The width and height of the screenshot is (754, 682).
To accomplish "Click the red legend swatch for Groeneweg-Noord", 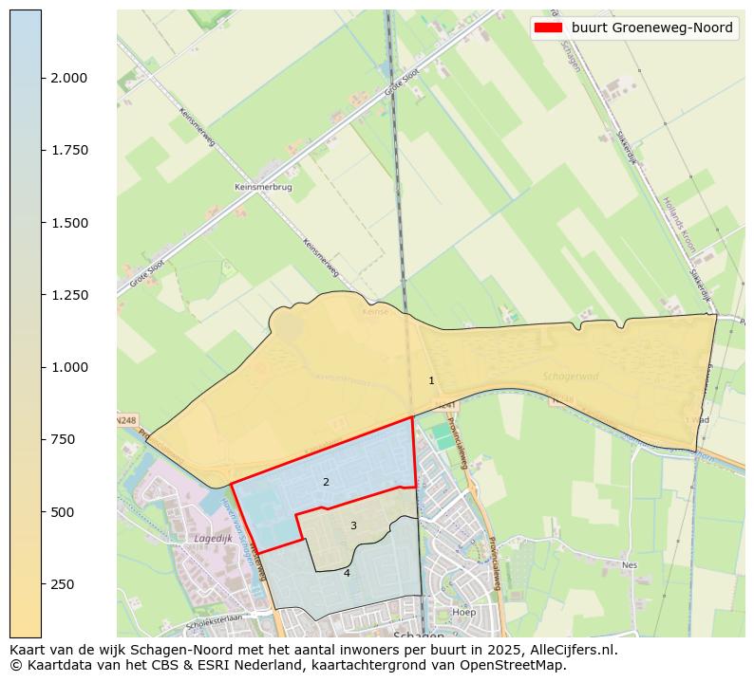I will click(549, 28).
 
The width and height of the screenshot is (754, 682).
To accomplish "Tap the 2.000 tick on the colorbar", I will click(69, 78).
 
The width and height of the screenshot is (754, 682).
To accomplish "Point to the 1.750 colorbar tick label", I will click(69, 150).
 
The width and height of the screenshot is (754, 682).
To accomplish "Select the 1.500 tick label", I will click(69, 223).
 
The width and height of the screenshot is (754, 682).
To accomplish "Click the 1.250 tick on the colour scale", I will click(69, 295).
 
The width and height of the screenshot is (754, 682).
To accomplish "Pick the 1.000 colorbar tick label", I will click(69, 367).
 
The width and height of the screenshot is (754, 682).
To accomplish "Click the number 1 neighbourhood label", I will click(431, 380).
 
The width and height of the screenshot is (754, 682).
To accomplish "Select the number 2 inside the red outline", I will click(326, 482).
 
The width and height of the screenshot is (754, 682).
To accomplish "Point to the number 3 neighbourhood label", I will click(353, 525).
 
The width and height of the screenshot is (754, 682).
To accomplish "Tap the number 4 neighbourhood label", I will click(347, 573).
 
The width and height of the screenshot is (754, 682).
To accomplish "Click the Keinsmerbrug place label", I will click(263, 188).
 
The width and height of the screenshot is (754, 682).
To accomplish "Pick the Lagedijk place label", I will click(213, 538).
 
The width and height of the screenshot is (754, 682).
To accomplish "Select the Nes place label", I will click(629, 564).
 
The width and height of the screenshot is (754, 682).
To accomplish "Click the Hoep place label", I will click(464, 612).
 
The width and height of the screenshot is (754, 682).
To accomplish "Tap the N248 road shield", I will click(126, 419).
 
